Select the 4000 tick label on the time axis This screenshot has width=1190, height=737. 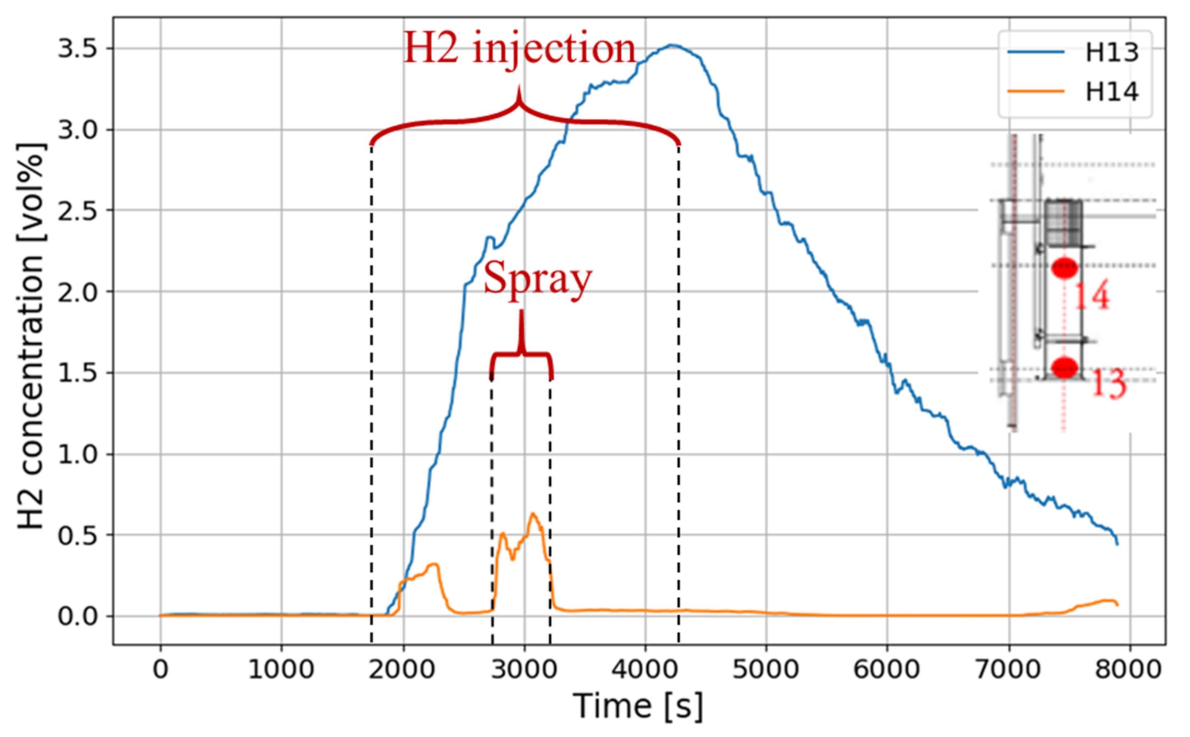point(645,669)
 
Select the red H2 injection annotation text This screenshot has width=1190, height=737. point(520,49)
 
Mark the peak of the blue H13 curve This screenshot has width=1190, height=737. point(672,45)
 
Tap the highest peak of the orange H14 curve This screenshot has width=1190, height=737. point(533,514)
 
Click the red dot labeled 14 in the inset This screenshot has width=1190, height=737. point(1064,268)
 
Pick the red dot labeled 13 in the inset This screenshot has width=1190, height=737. point(1064,368)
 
